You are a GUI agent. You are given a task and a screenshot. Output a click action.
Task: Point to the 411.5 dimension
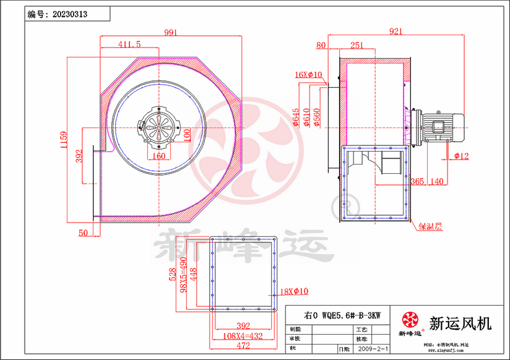pos(129,44)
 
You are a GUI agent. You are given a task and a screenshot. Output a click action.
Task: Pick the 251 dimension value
pos(357,45)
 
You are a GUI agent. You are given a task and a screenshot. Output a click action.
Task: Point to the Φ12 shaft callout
pos(462,156)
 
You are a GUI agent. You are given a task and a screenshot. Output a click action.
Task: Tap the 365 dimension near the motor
pos(417,181)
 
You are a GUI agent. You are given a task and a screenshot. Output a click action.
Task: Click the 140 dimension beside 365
pos(437,181)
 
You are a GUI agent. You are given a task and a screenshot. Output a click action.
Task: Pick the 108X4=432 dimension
pos(243,336)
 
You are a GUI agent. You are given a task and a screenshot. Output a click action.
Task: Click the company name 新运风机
pos(460,323)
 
